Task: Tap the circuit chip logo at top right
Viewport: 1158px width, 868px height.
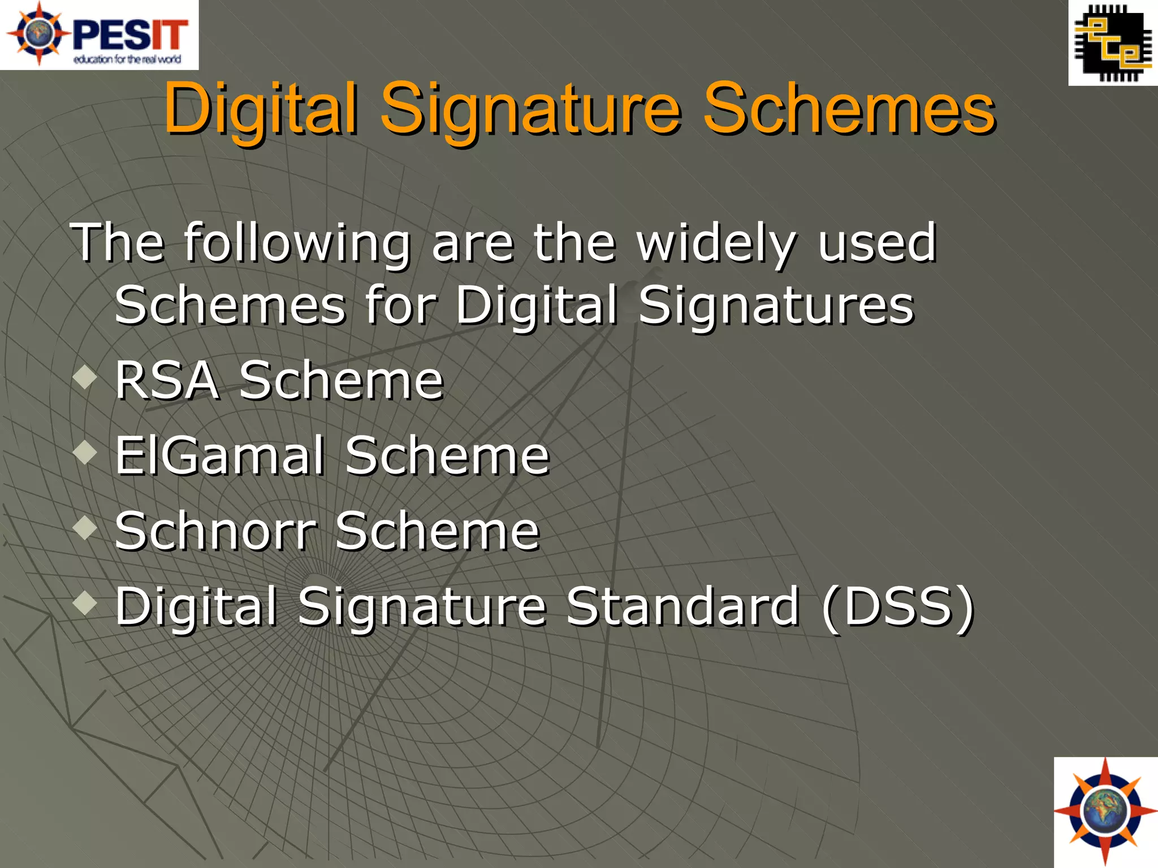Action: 1113,44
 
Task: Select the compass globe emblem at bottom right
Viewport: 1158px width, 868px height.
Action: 1105,812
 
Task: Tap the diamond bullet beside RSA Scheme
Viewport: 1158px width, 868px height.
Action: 85,377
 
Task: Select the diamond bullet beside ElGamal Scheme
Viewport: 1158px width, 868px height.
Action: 85,452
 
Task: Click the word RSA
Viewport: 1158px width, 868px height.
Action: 167,380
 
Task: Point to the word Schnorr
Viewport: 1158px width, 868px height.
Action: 215,531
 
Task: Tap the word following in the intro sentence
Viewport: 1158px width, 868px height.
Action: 297,244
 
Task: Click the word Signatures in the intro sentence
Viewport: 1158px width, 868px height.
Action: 776,306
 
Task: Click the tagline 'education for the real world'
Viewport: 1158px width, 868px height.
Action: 127,59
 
